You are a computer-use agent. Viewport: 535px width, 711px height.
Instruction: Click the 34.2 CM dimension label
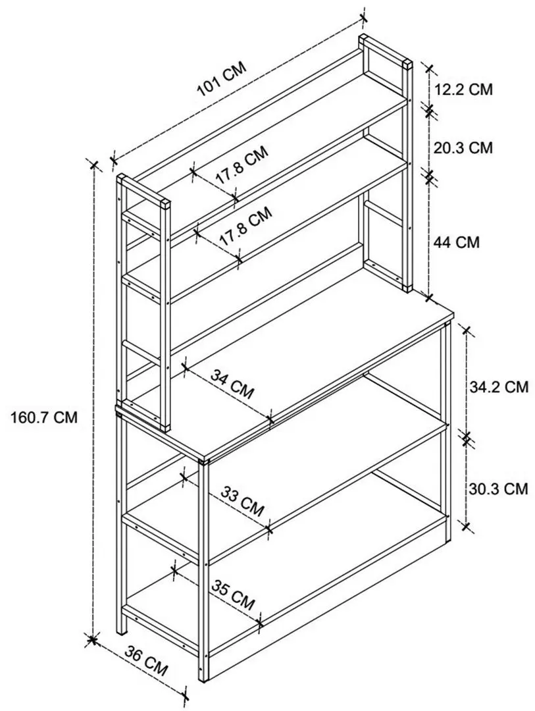tap(498, 386)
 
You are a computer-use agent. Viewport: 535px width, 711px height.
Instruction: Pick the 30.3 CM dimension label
tap(498, 488)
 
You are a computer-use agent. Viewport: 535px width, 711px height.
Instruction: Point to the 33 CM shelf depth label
tap(242, 501)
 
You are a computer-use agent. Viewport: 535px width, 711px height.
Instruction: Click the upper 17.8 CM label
tap(242, 165)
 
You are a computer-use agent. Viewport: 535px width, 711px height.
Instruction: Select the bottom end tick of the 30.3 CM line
tap(467, 526)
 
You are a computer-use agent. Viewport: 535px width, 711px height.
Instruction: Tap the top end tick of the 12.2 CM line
tap(430, 68)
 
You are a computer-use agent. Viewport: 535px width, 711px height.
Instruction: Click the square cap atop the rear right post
tap(408, 65)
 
